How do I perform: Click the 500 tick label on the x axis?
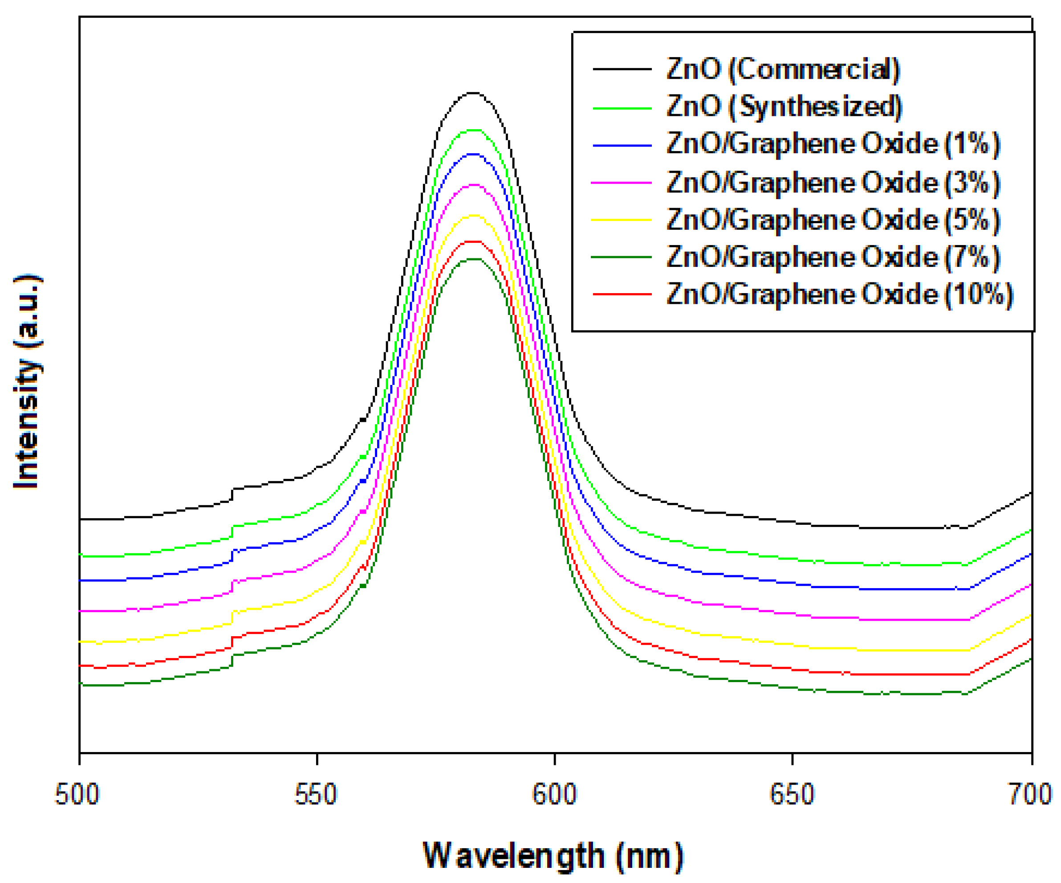[77, 794]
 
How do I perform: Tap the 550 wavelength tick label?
[316, 794]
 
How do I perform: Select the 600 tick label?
[554, 794]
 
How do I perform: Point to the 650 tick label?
[792, 794]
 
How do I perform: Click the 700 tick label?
[1031, 794]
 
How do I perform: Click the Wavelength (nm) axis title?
[553, 856]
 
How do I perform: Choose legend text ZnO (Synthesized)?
[784, 107]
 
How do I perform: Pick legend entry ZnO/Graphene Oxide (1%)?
[833, 144]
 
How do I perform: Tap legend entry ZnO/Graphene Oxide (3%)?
[833, 183]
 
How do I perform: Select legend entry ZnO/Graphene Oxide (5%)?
[833, 220]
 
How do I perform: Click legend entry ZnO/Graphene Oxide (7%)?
[833, 257]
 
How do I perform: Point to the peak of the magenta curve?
[473, 185]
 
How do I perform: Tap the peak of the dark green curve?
[473, 259]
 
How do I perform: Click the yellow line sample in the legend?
[622, 220]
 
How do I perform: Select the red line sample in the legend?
[622, 294]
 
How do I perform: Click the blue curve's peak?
[473, 154]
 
